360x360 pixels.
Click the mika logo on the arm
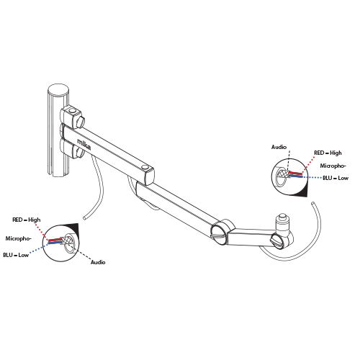pos(84,144)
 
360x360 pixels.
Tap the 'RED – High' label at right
pos(328,153)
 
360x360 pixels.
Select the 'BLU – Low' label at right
pos(336,178)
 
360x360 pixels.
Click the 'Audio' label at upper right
pos(279,147)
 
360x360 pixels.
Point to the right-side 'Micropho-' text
pos(333,166)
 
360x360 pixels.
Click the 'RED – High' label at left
pos(27,220)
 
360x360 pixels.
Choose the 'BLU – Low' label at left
pos(16,255)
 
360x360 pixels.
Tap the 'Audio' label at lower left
pos(98,262)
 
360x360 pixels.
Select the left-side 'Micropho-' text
pos(19,238)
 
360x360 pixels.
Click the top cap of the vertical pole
pos(58,90)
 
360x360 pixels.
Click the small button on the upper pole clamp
pos(72,111)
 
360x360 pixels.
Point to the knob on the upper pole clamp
pos(81,122)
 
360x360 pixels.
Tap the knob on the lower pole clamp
pos(80,152)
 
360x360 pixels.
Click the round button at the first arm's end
pos(145,167)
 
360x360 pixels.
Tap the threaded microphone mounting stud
pos(282,222)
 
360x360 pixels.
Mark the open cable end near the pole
pos(84,218)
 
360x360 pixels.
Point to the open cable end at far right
pos(313,203)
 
